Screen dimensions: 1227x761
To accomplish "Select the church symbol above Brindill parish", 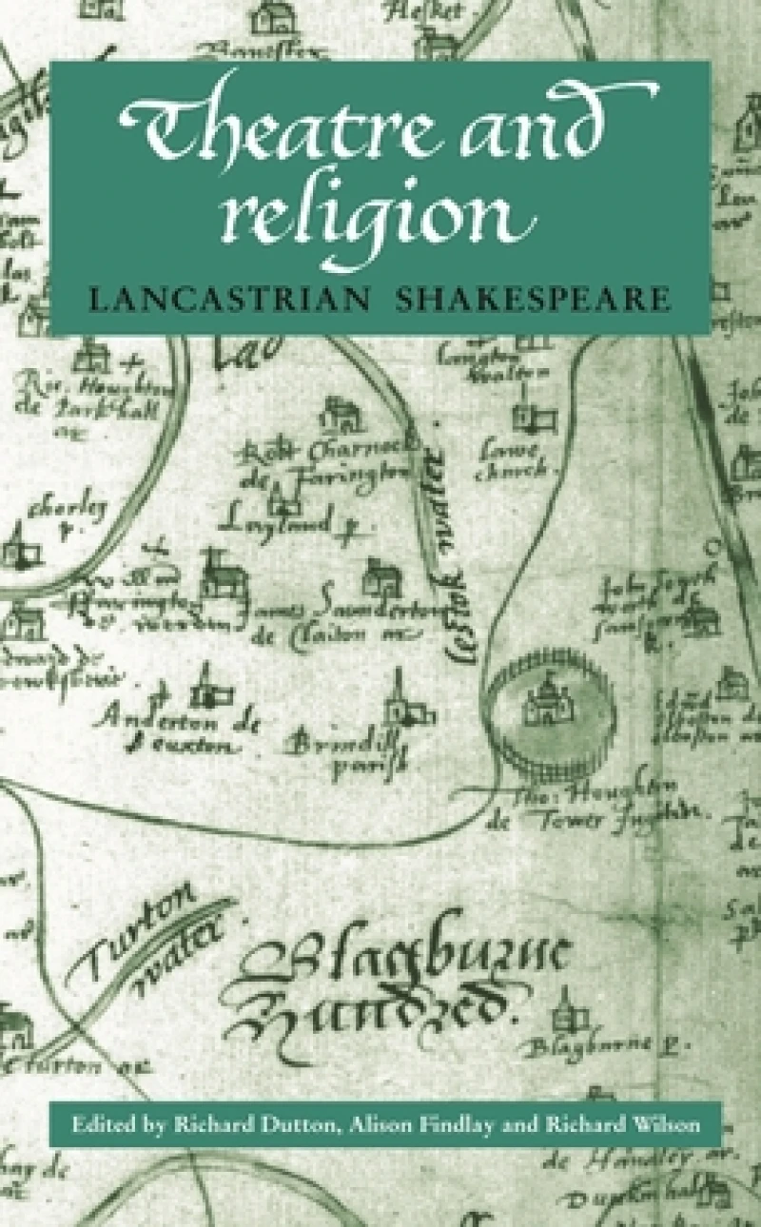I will [x=397, y=699].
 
